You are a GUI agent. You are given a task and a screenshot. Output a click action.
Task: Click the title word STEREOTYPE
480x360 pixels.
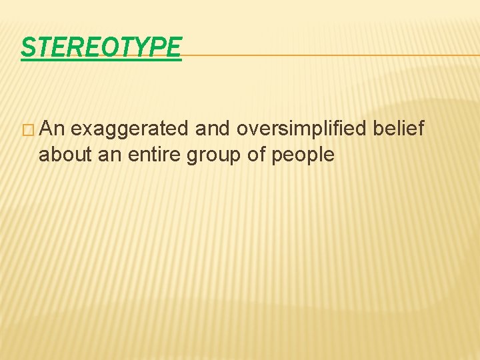pyautogui.click(x=101, y=47)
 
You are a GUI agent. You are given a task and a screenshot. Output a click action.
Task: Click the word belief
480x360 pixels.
pyautogui.click(x=399, y=129)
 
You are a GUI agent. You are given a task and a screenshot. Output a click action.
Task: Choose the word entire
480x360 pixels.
pyautogui.click(x=152, y=155)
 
